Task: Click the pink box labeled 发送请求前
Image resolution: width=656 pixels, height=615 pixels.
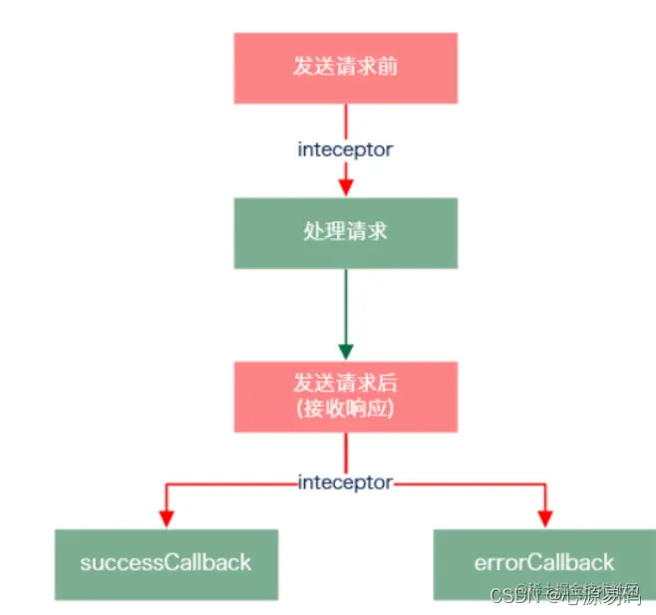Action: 346,68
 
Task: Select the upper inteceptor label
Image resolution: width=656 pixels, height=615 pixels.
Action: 346,150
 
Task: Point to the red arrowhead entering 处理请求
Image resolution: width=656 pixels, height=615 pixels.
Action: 346,186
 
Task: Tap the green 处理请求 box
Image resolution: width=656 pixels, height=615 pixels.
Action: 346,232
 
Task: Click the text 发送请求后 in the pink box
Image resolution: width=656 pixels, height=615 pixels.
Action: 346,384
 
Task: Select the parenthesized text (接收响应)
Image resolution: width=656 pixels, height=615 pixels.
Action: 346,410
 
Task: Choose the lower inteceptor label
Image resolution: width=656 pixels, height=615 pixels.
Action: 346,482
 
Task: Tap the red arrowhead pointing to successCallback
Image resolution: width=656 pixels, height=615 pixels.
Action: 166,517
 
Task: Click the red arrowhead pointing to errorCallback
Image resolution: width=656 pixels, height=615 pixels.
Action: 545,517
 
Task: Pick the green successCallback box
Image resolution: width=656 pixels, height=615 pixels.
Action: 166,563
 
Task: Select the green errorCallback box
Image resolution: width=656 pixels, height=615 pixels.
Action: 545,563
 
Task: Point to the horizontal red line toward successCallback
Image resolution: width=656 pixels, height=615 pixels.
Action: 229,482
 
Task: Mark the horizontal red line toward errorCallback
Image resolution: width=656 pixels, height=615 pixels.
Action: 469,482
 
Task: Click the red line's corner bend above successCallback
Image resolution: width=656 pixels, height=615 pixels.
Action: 166,482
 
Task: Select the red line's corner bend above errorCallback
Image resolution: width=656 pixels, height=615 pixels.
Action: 545,482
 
